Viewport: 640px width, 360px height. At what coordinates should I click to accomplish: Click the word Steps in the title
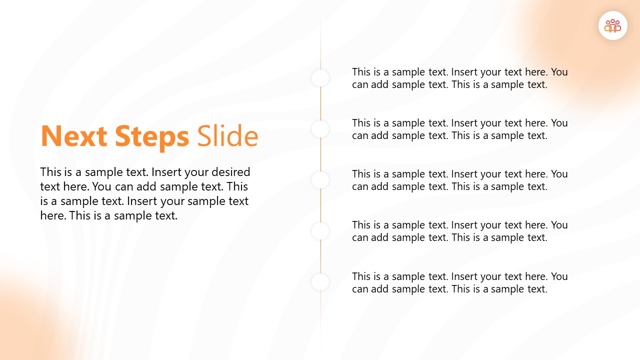(152, 136)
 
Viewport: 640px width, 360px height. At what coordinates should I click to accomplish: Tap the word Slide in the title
(227, 136)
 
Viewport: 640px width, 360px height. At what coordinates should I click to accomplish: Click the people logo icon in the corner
(612, 25)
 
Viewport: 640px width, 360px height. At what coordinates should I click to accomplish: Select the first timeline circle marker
(320, 78)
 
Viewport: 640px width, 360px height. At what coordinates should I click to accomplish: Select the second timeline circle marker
(320, 129)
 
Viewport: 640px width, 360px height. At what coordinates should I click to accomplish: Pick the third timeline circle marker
(320, 180)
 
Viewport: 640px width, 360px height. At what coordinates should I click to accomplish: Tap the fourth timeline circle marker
(320, 231)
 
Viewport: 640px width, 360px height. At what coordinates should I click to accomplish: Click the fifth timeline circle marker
(320, 282)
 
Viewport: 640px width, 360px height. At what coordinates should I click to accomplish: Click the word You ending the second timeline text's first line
(559, 123)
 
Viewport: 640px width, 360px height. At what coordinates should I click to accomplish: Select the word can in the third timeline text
(360, 187)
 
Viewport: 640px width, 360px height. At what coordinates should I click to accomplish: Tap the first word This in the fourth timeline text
(361, 225)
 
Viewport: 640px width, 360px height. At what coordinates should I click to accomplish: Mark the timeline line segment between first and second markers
(320, 103)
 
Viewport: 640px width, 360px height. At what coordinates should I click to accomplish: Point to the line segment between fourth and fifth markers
(320, 256)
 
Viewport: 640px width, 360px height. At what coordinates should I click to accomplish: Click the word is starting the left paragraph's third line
(44, 201)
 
